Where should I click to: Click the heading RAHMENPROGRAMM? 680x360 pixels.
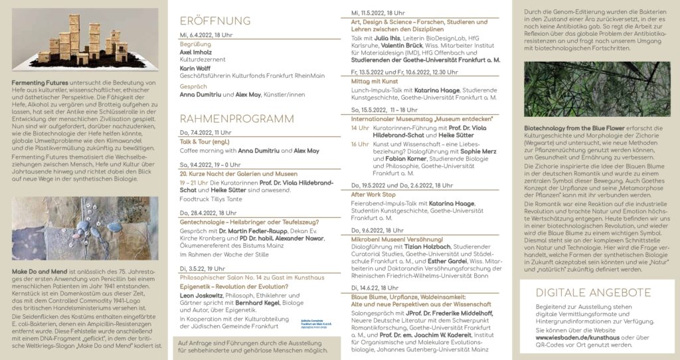(236, 119)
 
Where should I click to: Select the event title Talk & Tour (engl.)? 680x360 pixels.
(204, 141)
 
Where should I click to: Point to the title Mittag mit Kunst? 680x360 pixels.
(374, 80)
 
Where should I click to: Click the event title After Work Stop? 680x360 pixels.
(373, 195)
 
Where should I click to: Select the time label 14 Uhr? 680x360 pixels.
(359, 128)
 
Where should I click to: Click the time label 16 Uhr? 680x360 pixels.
(359, 144)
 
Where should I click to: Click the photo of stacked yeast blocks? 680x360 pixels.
(84, 39)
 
